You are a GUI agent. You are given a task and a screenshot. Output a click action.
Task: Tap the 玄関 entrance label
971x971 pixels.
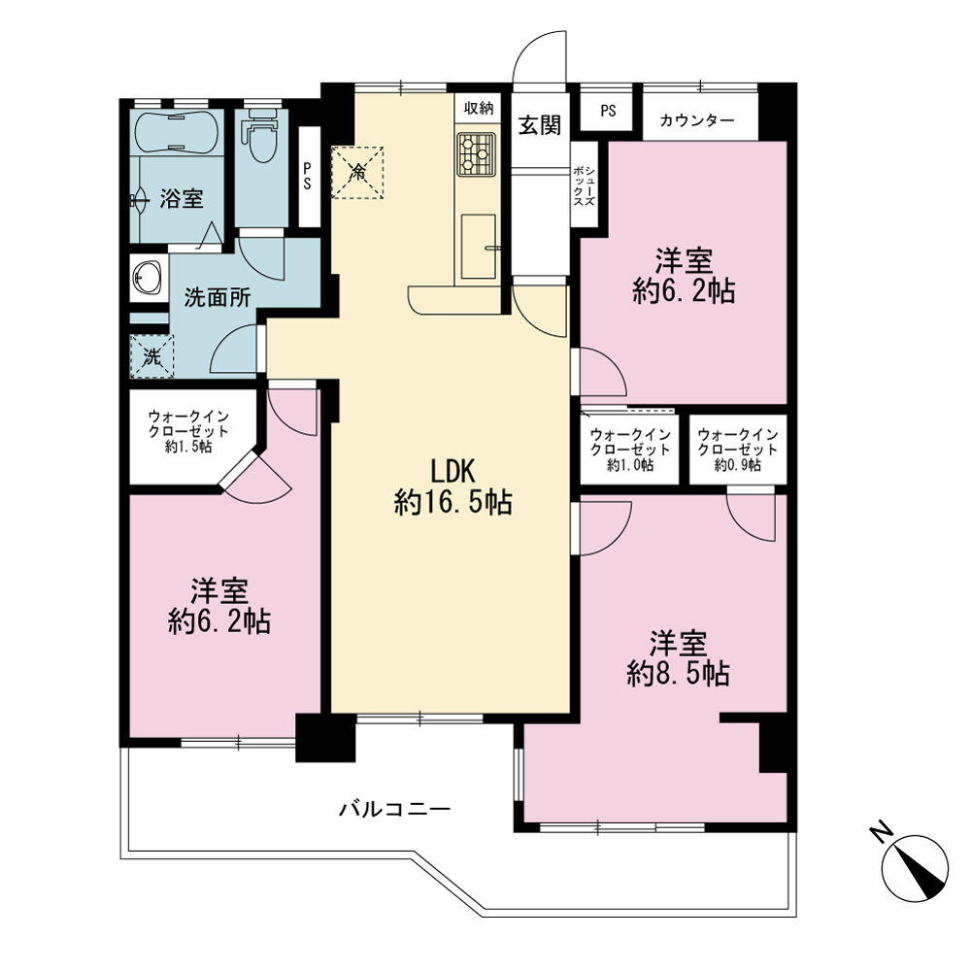click(x=540, y=125)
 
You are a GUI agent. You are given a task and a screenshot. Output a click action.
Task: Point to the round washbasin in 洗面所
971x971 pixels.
click(x=148, y=277)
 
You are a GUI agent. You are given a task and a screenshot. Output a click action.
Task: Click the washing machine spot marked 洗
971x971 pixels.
click(x=151, y=356)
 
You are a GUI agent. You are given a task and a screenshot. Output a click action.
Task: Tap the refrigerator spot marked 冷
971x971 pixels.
click(x=357, y=172)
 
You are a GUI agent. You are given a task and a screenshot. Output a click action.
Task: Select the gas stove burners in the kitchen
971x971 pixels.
click(x=476, y=153)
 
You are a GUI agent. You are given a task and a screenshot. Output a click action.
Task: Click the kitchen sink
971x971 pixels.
click(x=478, y=246)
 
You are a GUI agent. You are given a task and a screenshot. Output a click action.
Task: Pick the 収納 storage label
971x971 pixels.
click(x=478, y=108)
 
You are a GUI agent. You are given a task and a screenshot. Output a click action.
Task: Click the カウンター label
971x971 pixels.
click(x=696, y=119)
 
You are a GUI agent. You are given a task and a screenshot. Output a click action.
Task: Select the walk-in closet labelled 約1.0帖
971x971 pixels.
click(x=630, y=450)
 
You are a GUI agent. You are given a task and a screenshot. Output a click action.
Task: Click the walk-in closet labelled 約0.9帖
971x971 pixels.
click(x=738, y=450)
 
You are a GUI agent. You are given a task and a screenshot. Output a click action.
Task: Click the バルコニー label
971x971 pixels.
click(x=394, y=809)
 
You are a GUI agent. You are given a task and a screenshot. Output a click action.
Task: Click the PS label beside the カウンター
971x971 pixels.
click(x=608, y=111)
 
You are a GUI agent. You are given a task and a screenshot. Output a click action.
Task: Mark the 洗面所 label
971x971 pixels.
click(x=218, y=298)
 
